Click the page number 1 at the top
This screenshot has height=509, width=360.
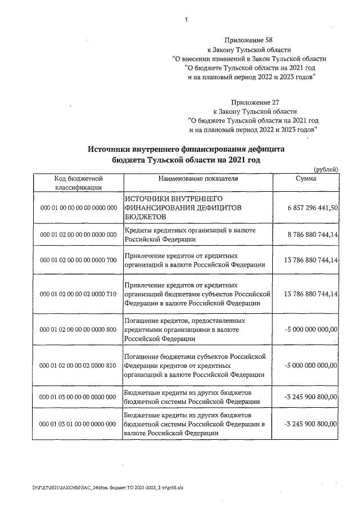click(185, 21)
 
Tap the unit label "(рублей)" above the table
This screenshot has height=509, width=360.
click(325, 169)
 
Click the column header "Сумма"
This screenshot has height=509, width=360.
click(305, 178)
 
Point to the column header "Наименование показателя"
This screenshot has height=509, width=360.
click(199, 178)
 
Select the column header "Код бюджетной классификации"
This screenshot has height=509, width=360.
click(78, 183)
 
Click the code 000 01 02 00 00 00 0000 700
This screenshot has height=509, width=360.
click(78, 260)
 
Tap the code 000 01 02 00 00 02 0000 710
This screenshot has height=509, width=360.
click(78, 294)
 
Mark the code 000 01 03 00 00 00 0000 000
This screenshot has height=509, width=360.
click(78, 397)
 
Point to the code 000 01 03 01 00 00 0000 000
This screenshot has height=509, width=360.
click(78, 424)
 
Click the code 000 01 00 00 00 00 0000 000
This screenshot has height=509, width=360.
click(78, 208)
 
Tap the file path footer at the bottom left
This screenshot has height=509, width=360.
click(106, 487)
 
